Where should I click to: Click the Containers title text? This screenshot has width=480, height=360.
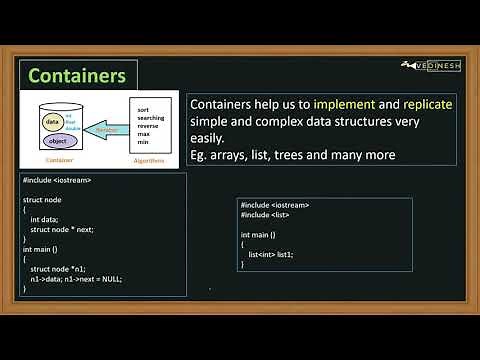pyautogui.click(x=76, y=76)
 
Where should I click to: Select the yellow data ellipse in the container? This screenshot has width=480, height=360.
pyautogui.click(x=52, y=122)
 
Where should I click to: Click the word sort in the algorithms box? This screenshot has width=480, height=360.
pyautogui.click(x=143, y=107)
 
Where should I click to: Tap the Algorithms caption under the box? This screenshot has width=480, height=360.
pyautogui.click(x=149, y=158)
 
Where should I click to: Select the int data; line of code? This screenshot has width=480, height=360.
pyautogui.click(x=49, y=218)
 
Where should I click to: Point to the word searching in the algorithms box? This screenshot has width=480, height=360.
pyautogui.click(x=151, y=116)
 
